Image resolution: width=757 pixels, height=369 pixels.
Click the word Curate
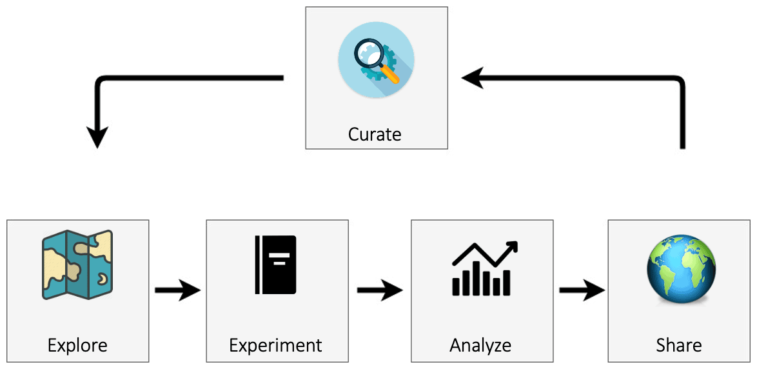click(x=375, y=134)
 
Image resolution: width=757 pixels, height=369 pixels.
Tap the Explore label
click(x=77, y=345)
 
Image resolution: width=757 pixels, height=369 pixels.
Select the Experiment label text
click(x=275, y=346)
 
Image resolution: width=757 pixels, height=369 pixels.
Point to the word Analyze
click(x=480, y=346)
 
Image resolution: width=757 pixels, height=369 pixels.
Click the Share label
click(x=678, y=345)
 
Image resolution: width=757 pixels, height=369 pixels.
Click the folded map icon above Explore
click(x=77, y=264)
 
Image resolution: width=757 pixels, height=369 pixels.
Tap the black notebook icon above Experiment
click(x=276, y=264)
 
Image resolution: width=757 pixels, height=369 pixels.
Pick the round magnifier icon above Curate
click(x=376, y=60)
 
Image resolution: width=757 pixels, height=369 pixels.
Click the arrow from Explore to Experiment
click(x=178, y=290)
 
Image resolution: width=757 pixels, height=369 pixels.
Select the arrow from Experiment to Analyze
click(x=380, y=290)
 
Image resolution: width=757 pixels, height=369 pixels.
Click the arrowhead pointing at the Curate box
click(x=472, y=79)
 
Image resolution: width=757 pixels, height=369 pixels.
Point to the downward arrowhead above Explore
click(x=97, y=137)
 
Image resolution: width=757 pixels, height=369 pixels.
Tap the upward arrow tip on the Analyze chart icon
click(x=513, y=246)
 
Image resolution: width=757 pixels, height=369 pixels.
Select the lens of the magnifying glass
click(x=369, y=53)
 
